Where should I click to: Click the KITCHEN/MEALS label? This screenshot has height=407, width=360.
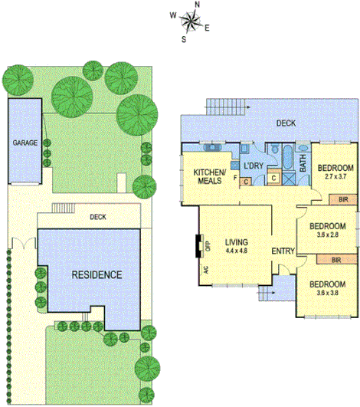209,176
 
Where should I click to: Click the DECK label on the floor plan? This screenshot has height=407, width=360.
286,123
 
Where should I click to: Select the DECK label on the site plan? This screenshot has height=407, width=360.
97,217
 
